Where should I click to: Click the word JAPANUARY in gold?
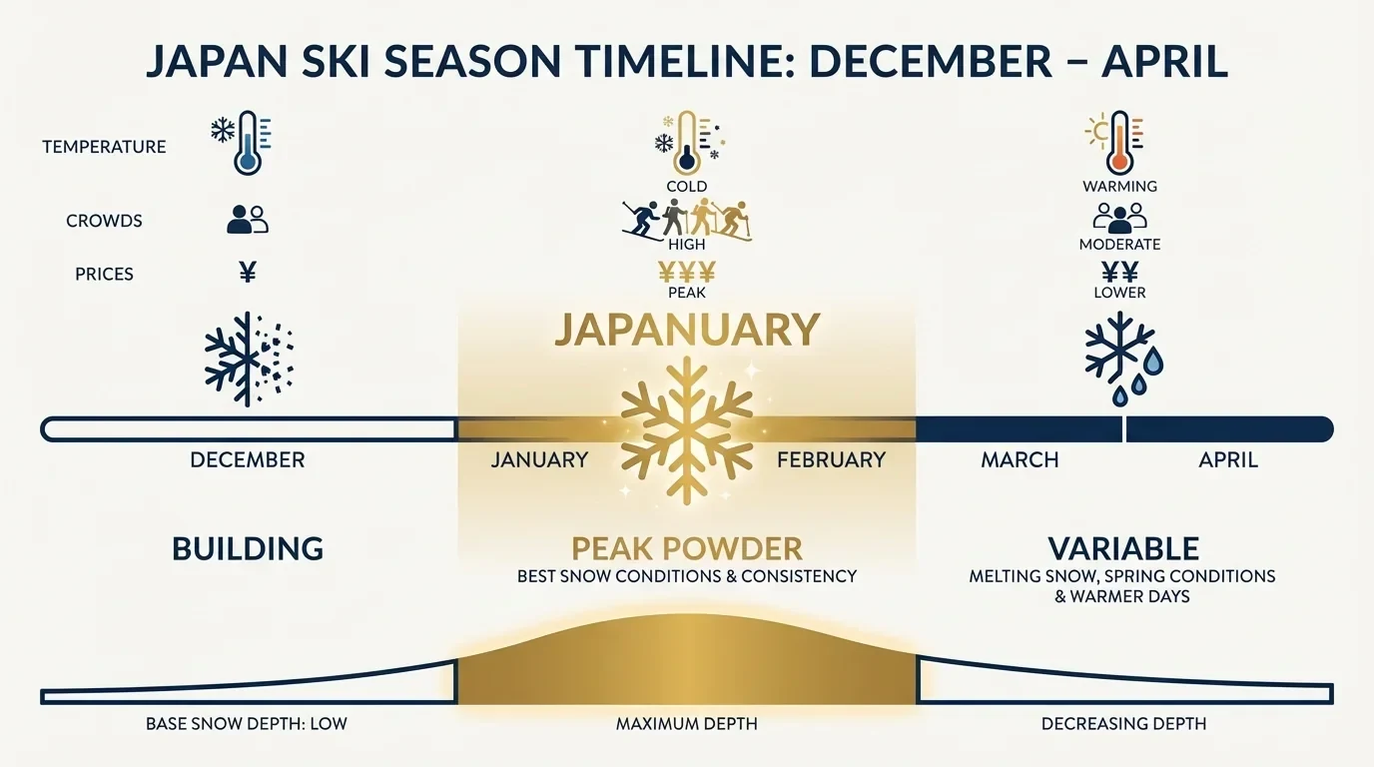687,330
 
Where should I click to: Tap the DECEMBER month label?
248,460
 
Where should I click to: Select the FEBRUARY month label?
831,460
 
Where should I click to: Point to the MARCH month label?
1020,460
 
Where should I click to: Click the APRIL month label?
1228,460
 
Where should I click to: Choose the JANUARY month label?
539,460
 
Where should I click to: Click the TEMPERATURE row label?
104,147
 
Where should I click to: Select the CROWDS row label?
104,221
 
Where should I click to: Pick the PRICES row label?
104,274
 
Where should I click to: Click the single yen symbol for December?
248,272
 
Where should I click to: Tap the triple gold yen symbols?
687,272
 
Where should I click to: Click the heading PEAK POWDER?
687,548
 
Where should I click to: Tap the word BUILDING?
248,548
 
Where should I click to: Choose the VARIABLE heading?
1123,548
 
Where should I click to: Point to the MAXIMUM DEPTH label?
687,723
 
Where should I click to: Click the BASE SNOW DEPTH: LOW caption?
247,723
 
